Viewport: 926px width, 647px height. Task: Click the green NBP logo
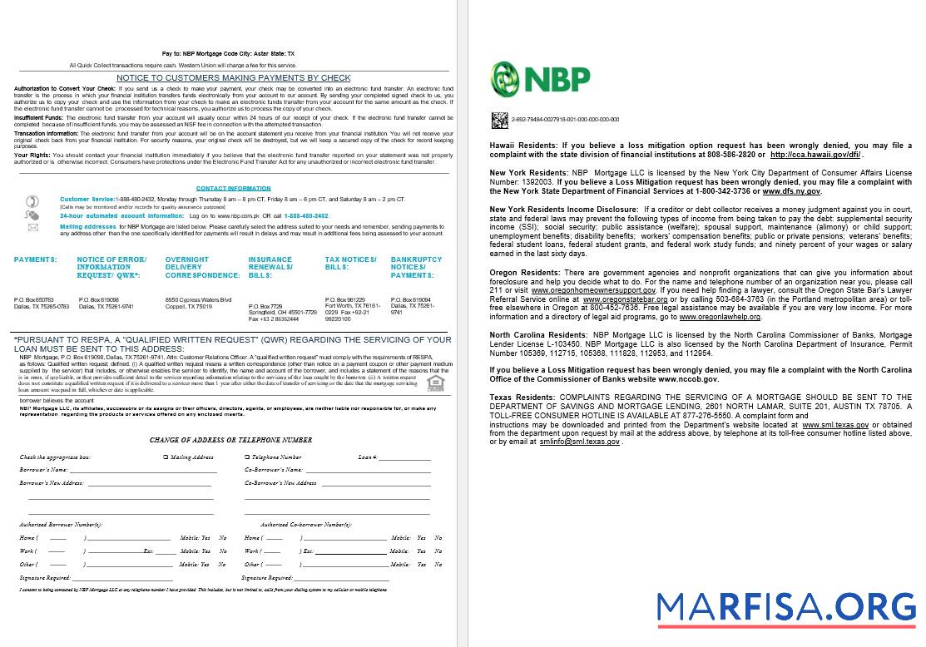click(540, 79)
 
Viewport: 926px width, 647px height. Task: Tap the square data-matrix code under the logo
click(499, 121)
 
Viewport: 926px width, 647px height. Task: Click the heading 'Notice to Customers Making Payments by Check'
click(233, 78)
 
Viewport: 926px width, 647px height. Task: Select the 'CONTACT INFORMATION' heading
click(233, 189)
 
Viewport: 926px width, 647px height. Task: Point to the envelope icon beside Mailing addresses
click(32, 227)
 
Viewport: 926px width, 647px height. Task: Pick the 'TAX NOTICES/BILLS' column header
click(350, 264)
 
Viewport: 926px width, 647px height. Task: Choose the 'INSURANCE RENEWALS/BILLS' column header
click(270, 267)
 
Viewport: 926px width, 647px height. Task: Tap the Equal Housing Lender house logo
click(433, 383)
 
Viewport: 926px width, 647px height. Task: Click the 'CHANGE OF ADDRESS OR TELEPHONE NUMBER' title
click(231, 440)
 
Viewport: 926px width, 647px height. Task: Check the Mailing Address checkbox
click(166, 457)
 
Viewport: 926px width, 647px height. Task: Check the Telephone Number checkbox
click(247, 457)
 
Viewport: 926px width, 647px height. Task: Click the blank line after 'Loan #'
click(404, 458)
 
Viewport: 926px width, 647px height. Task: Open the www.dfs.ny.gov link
click(791, 191)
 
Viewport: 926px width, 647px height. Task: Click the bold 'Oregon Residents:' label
click(524, 273)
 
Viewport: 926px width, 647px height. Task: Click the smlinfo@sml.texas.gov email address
click(579, 442)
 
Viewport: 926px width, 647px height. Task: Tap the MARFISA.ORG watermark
click(785, 607)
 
